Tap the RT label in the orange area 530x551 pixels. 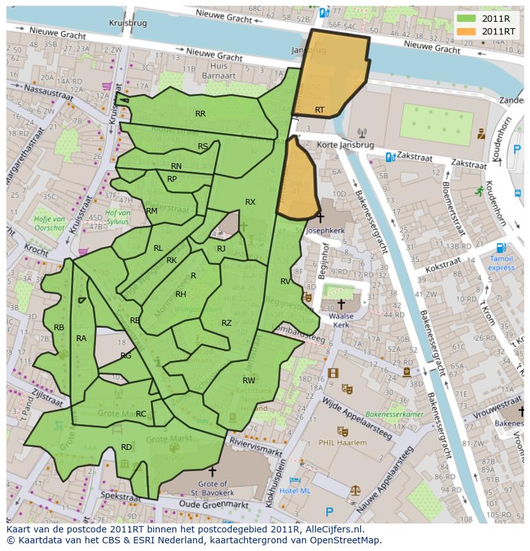pyautogui.click(x=319, y=110)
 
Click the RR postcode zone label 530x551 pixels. pyautogui.click(x=200, y=114)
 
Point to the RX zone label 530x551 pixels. pyautogui.click(x=250, y=202)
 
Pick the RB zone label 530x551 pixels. pyautogui.click(x=59, y=328)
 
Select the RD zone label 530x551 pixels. pyautogui.click(x=126, y=447)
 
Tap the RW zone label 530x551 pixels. pyautogui.click(x=249, y=381)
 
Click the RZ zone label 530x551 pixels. pyautogui.click(x=227, y=323)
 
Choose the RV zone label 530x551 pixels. pyautogui.click(x=285, y=282)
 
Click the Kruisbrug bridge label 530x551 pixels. pyautogui.click(x=127, y=22)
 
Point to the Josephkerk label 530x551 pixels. pyautogui.click(x=325, y=230)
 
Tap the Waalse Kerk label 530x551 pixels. pyautogui.click(x=341, y=320)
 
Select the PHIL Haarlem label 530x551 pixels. pyautogui.click(x=343, y=443)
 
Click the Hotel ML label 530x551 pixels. pyautogui.click(x=295, y=491)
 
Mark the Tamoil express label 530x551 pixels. pyautogui.click(x=501, y=263)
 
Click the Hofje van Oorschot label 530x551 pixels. pyautogui.click(x=50, y=223)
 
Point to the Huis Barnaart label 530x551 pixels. pyautogui.click(x=218, y=70)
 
